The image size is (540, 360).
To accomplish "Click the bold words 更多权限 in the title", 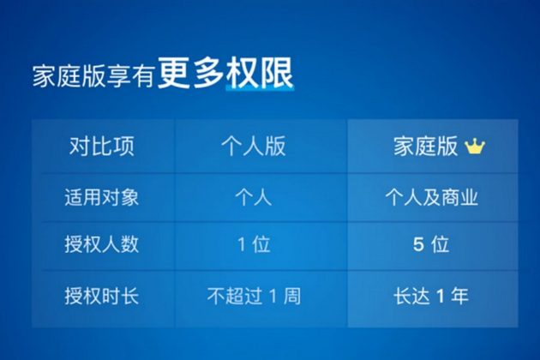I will coord(226,75).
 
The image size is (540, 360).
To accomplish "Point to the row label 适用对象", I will coord(101,197).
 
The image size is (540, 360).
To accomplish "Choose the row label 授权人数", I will coord(101,245).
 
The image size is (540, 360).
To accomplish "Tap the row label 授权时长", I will coord(101,297).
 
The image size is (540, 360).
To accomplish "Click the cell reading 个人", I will coord(254,197).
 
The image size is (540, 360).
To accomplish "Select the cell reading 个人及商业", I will coord(431,197).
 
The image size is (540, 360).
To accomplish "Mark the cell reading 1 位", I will coord(254,245).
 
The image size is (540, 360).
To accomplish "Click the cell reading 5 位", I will coord(431,245).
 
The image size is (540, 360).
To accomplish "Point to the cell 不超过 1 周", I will coord(254,297).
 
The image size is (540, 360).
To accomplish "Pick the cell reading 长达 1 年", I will coord(431,297).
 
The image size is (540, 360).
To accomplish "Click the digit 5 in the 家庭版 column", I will coord(418,245).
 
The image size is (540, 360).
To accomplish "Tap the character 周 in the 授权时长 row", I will coord(291,297).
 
